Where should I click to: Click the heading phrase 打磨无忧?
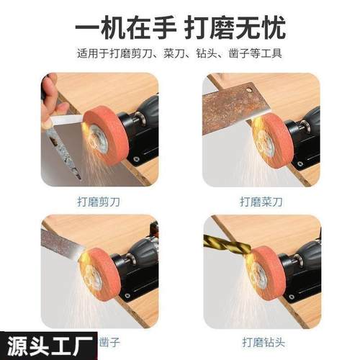tap(237, 28)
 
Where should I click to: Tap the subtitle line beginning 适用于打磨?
tap(179, 54)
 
